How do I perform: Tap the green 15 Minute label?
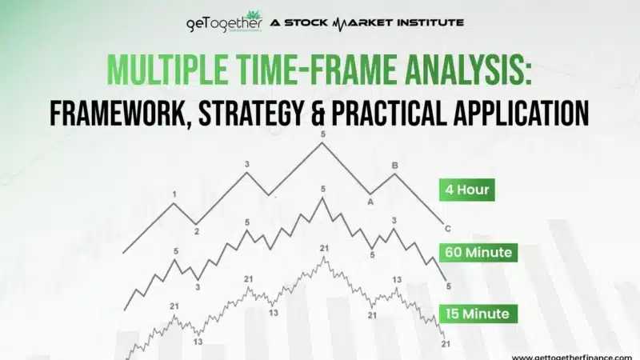(x=478, y=314)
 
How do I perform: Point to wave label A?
(x=370, y=202)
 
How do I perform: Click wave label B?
(x=394, y=166)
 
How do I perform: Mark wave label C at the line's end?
(x=448, y=228)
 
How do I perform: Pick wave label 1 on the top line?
(x=174, y=194)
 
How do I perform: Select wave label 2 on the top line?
(x=196, y=231)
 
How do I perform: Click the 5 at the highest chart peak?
(x=323, y=135)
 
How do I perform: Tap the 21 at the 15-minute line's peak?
(x=323, y=249)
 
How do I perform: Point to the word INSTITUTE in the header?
(x=424, y=22)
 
